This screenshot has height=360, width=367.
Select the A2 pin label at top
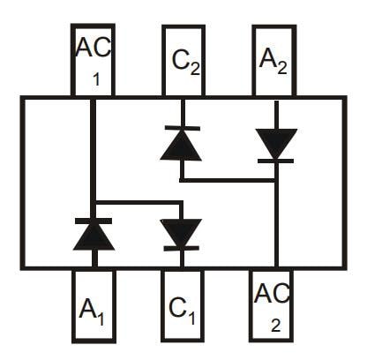(274, 61)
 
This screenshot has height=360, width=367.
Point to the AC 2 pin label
(274, 304)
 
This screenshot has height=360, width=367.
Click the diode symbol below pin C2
(181, 143)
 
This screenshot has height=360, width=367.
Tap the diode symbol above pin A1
(93, 233)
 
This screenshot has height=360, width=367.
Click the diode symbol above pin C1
(181, 234)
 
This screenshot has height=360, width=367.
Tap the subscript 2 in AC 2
(276, 324)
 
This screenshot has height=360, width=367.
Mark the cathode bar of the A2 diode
(275, 161)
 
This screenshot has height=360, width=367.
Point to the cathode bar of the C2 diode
(181, 129)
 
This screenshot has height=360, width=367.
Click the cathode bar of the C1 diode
(181, 250)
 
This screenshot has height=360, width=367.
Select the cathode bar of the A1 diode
(93, 219)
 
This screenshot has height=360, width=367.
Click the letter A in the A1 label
(87, 308)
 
